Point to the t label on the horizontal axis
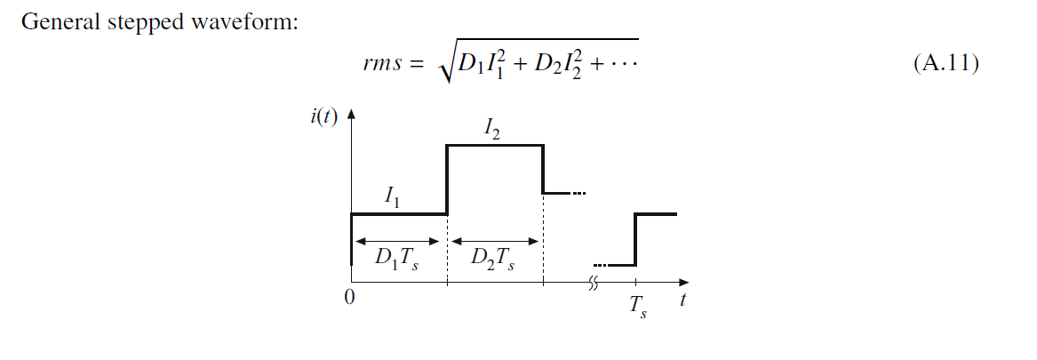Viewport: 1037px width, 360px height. tap(682, 300)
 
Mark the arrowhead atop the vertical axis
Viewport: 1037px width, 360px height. tap(352, 115)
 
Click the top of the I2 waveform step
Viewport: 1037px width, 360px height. tap(494, 145)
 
